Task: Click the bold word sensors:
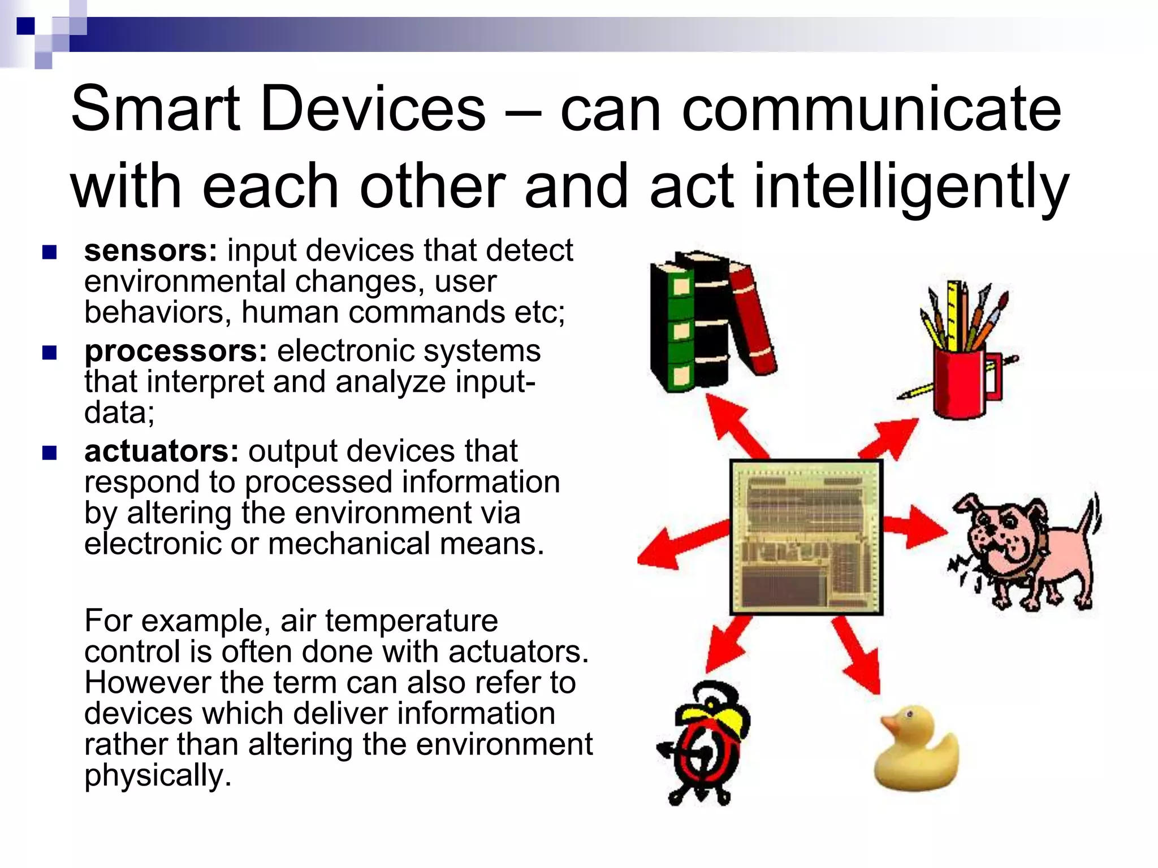(150, 251)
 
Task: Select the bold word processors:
(175, 351)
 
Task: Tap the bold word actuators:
(161, 452)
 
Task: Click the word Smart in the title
(155, 108)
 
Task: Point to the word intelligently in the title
(910, 186)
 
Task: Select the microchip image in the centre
(806, 537)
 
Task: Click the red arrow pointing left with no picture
(679, 545)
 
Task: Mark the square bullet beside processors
(50, 353)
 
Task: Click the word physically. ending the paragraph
(158, 775)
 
